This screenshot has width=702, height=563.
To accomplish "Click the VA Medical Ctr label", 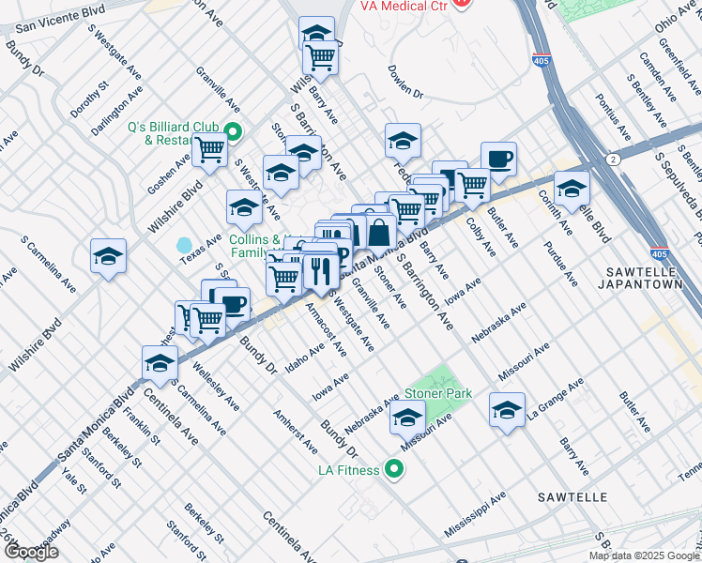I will pos(404,6).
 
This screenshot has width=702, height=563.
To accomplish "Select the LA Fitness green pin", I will pos(395,469).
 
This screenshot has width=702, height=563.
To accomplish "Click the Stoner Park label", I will pos(437,394).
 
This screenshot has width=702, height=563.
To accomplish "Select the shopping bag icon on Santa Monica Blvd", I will pos(378,231).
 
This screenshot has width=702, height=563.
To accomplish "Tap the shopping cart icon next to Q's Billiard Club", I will pos(209,147).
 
